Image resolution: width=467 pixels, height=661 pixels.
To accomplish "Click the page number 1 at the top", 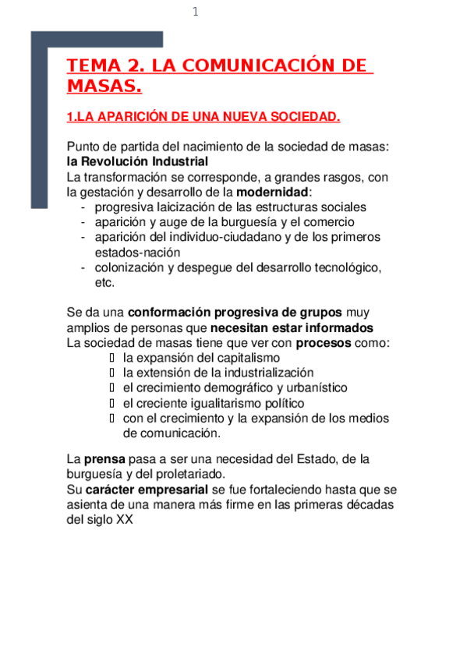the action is click(196, 12).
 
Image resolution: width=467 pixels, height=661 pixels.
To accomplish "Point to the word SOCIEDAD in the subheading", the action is click(306, 118).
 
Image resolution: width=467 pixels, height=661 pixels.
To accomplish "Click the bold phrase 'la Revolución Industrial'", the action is click(137, 161).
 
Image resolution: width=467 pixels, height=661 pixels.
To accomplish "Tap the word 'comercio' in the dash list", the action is click(330, 222).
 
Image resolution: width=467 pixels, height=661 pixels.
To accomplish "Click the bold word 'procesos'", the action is click(324, 342).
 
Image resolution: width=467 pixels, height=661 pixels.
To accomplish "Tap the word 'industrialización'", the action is click(267, 373).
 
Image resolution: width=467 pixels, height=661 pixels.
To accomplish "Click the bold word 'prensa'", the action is click(104, 459).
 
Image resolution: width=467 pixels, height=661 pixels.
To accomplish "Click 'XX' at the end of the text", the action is click(125, 520).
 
